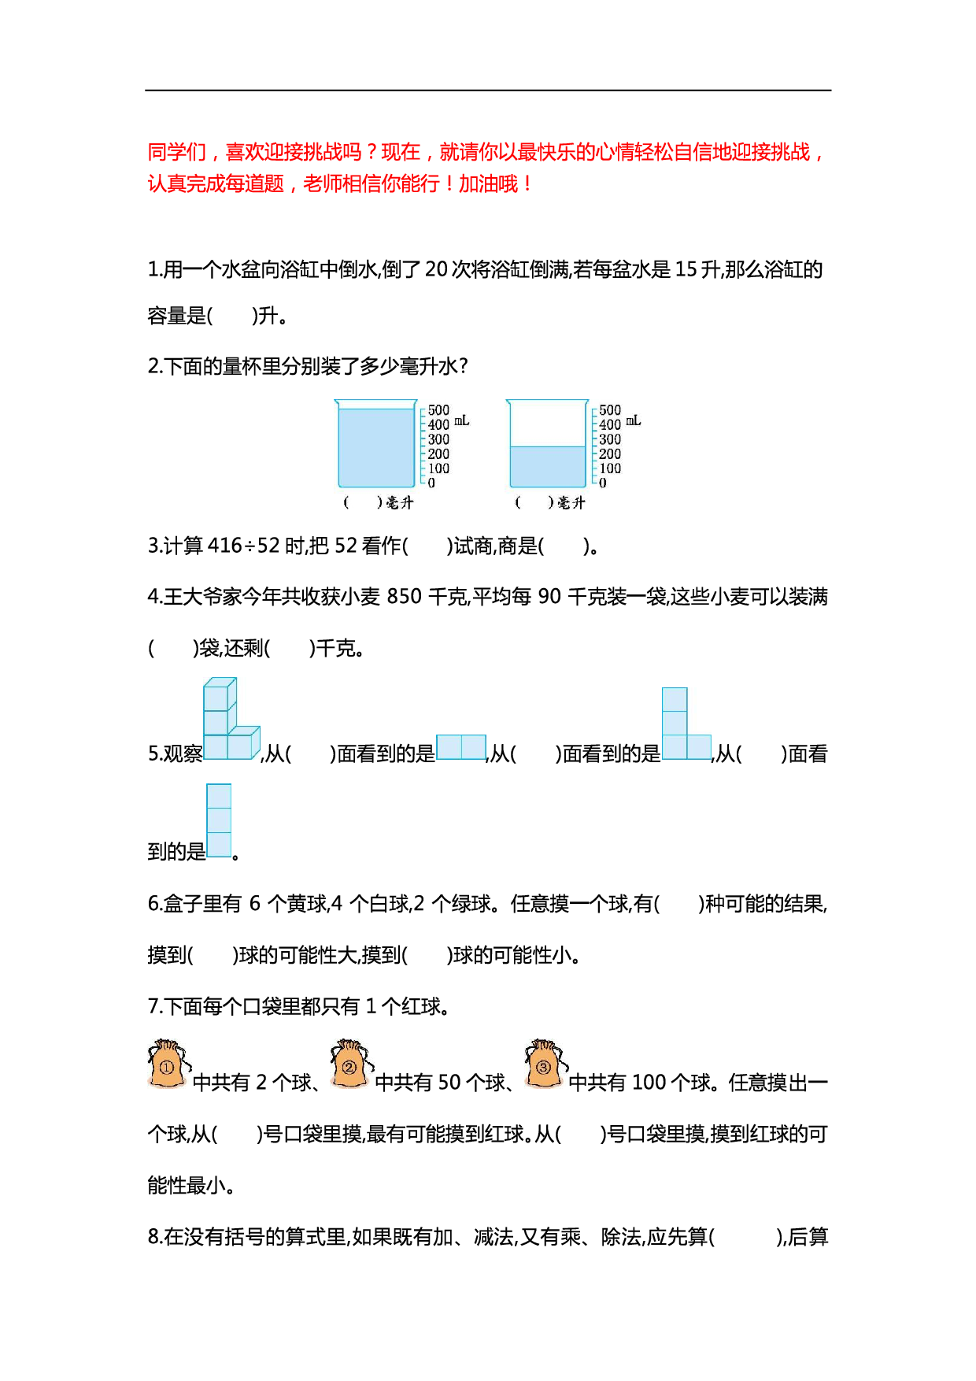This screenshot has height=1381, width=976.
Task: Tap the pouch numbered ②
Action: pos(351,1064)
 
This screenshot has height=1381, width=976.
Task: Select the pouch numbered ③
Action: pos(545,1064)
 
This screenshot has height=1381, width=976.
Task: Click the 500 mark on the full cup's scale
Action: pos(438,410)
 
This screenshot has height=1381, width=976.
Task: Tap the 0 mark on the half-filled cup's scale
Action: pos(603,483)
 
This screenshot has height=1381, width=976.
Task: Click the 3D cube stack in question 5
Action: pos(231,719)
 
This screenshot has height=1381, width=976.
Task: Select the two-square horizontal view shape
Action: pos(461,746)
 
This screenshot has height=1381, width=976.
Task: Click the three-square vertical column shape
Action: pos(219,820)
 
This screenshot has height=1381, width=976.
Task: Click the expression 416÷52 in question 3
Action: pos(243,546)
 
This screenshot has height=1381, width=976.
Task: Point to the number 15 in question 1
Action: pos(686,269)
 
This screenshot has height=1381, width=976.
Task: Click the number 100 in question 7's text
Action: pos(649,1083)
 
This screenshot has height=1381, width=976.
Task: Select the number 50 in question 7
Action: pos(449,1083)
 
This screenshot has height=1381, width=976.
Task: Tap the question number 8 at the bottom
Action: pos(153,1237)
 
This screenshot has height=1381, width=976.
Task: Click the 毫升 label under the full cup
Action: pos(400,502)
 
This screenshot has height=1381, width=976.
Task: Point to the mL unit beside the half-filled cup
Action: pos(634,421)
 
